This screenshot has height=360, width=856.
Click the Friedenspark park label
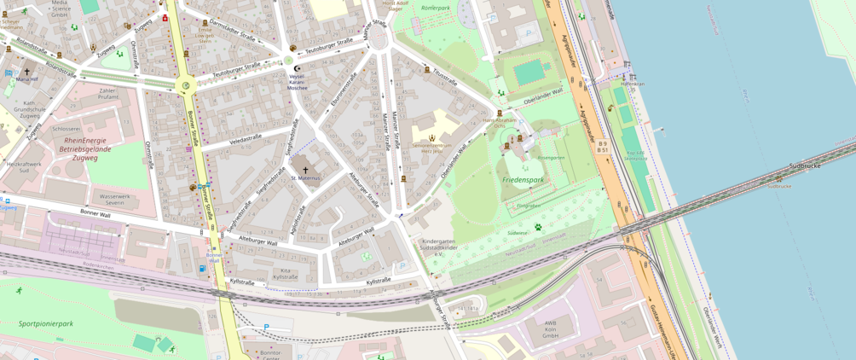pyautogui.click(x=523, y=180)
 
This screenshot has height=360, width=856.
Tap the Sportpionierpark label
pyautogui.click(x=46, y=324)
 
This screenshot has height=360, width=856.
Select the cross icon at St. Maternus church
pyautogui.click(x=305, y=170)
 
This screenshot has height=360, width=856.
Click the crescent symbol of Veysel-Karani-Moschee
pyautogui.click(x=297, y=68)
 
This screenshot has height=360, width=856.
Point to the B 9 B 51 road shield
pyautogui.click(x=603, y=147)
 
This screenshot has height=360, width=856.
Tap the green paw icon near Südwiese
pyautogui.click(x=538, y=227)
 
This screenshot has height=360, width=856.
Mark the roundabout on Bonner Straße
pyautogui.click(x=184, y=85)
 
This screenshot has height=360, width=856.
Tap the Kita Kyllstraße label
pyautogui.click(x=285, y=273)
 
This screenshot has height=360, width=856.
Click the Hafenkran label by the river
pyautogui.click(x=633, y=84)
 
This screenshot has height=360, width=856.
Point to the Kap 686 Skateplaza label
pyautogui.click(x=635, y=155)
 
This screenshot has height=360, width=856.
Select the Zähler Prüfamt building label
pyautogui.click(x=108, y=93)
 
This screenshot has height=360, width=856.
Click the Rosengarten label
pyautogui.click(x=551, y=157)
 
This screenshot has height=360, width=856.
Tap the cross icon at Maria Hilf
pyautogui.click(x=26, y=72)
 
